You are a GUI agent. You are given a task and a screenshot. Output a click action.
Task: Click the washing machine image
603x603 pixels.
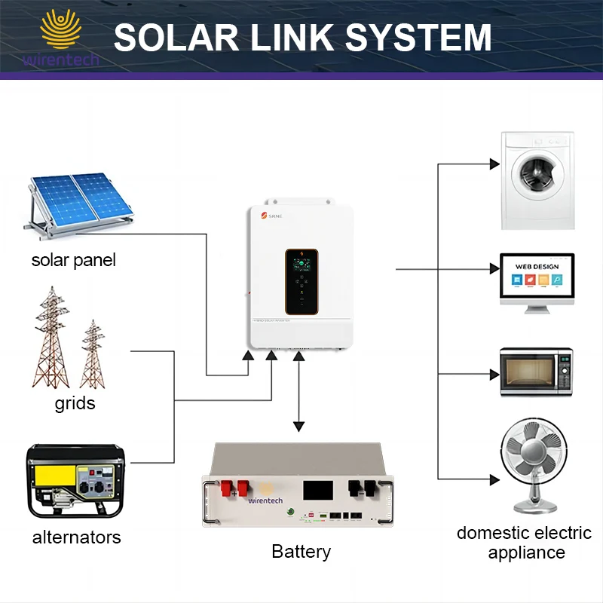point(537,181)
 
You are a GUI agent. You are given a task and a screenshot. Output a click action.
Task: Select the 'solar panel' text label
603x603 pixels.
point(74,261)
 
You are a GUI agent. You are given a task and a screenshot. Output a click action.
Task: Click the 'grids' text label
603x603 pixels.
point(75,403)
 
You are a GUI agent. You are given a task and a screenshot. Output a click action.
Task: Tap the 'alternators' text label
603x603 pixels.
point(76,537)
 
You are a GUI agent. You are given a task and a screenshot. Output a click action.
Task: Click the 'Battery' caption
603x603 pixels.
point(301,552)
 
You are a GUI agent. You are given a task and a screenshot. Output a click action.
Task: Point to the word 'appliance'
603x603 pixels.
point(526,552)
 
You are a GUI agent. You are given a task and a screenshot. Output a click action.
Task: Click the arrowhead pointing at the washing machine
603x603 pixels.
point(494,164)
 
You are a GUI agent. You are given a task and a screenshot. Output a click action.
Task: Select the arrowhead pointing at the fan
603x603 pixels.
point(494,479)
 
